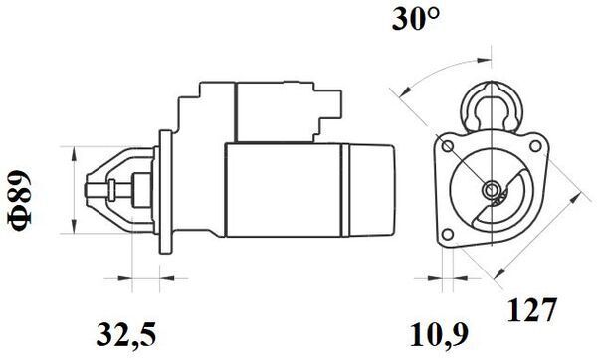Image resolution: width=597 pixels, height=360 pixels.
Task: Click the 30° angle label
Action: click(x=416, y=18)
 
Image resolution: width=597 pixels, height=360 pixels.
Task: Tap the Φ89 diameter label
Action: click(x=19, y=200)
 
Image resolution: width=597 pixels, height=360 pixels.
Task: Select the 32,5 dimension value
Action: click(x=126, y=335)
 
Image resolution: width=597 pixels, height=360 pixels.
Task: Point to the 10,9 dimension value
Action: click(x=439, y=335)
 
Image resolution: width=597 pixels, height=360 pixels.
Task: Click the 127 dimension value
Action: click(x=532, y=309)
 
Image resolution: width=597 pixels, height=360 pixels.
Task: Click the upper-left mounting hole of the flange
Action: click(x=448, y=146)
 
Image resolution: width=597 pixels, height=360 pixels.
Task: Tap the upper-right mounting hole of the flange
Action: click(x=535, y=146)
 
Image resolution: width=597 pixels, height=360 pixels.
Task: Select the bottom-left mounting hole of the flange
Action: click(x=448, y=234)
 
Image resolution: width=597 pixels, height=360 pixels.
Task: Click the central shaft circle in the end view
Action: click(x=490, y=189)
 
